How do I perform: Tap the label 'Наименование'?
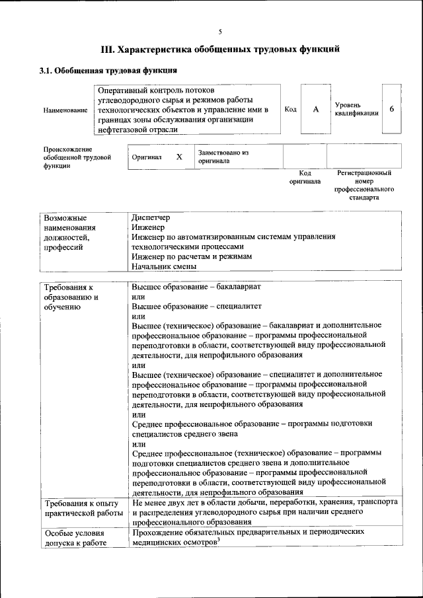coord(65,110)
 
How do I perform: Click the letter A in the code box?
coord(316,109)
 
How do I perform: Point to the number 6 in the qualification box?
coord(392,109)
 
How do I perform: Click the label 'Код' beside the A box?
coord(290,109)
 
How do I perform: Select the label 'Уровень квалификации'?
coord(356,109)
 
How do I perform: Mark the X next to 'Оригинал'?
coord(179,157)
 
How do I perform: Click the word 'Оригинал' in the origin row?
coord(147,158)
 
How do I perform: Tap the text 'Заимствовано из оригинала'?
coord(223,157)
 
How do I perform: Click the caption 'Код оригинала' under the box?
coord(305,176)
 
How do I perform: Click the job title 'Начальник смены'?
coord(164,267)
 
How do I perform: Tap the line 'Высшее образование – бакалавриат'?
coord(196,287)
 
